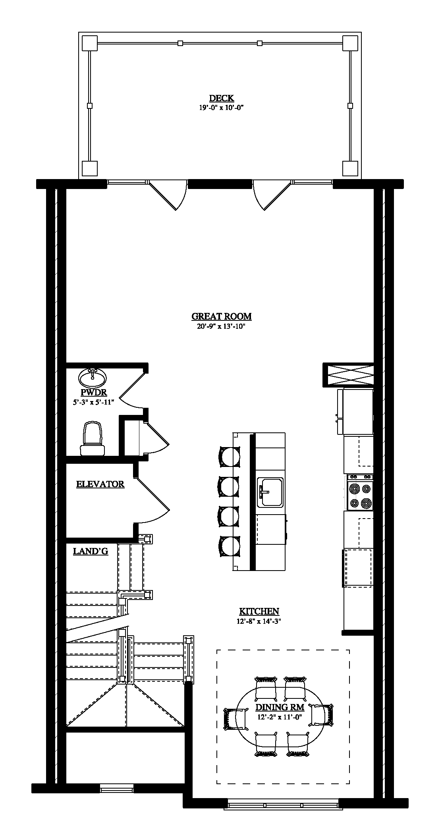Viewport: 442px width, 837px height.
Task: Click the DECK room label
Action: click(x=222, y=98)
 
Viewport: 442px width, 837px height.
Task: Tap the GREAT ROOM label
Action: click(x=221, y=316)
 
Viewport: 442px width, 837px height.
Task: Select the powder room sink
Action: click(x=93, y=378)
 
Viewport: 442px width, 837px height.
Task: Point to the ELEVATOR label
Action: click(x=100, y=484)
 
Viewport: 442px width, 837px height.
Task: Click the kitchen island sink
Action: click(x=270, y=492)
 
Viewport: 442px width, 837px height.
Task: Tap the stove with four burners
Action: click(x=360, y=492)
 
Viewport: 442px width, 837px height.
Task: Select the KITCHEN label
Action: click(x=259, y=611)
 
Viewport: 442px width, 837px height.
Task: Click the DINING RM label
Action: click(x=280, y=707)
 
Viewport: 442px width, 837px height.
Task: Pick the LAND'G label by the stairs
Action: click(x=91, y=551)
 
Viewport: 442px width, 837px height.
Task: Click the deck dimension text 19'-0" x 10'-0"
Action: click(x=221, y=107)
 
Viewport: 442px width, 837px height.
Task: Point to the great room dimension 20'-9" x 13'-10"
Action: click(x=221, y=326)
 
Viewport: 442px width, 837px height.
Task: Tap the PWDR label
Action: click(x=94, y=393)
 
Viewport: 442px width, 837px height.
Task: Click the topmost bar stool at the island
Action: click(x=230, y=457)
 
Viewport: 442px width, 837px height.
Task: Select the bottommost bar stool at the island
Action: click(x=230, y=547)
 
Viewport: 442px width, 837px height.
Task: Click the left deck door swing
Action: click(x=168, y=195)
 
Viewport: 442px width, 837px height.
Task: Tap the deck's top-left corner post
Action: click(x=89, y=43)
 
